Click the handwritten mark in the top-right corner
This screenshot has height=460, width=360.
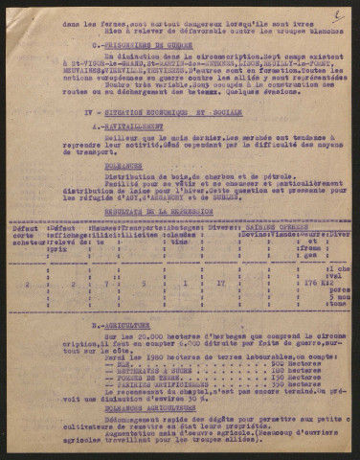336,14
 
